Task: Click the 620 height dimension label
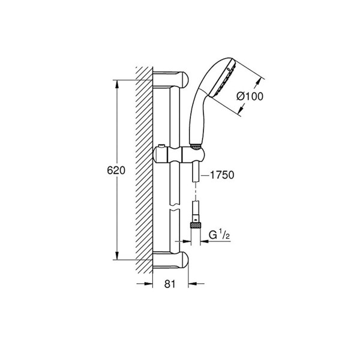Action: [116, 170]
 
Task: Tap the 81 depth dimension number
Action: [170, 284]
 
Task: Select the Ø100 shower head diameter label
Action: [250, 97]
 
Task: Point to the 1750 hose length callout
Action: [222, 175]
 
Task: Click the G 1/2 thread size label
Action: [219, 235]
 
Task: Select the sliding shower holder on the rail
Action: [178, 155]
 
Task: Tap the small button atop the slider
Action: [161, 146]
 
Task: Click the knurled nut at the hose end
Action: [196, 225]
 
